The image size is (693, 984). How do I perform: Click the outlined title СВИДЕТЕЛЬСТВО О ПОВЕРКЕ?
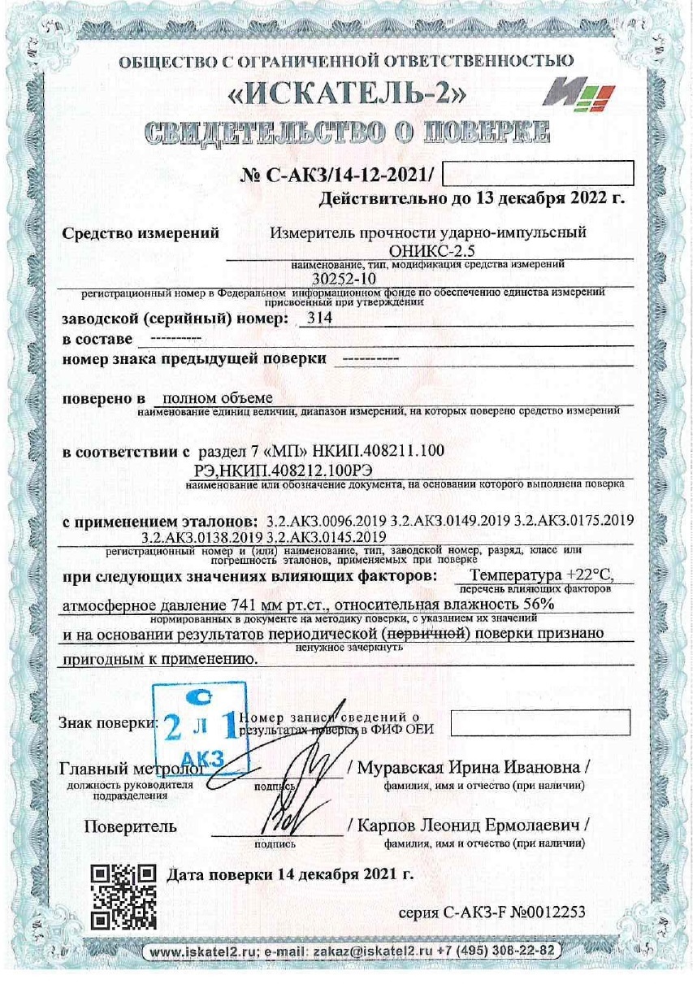point(348,132)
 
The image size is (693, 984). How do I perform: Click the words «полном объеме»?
point(213,398)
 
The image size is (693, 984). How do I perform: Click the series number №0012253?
point(545,911)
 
